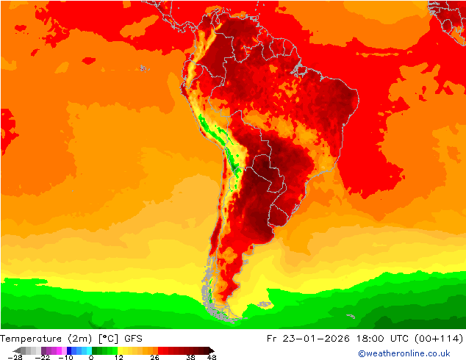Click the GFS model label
click(x=133, y=339)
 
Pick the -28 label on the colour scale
click(x=14, y=357)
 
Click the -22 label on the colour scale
click(x=43, y=357)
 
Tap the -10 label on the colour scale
click(x=65, y=357)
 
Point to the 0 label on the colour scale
click(x=91, y=357)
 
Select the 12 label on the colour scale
click(x=118, y=357)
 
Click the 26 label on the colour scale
click(x=155, y=357)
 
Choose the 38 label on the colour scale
click(x=190, y=357)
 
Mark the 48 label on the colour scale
click(x=212, y=357)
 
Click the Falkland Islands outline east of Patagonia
click(x=262, y=302)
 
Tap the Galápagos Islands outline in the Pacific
click(x=143, y=68)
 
